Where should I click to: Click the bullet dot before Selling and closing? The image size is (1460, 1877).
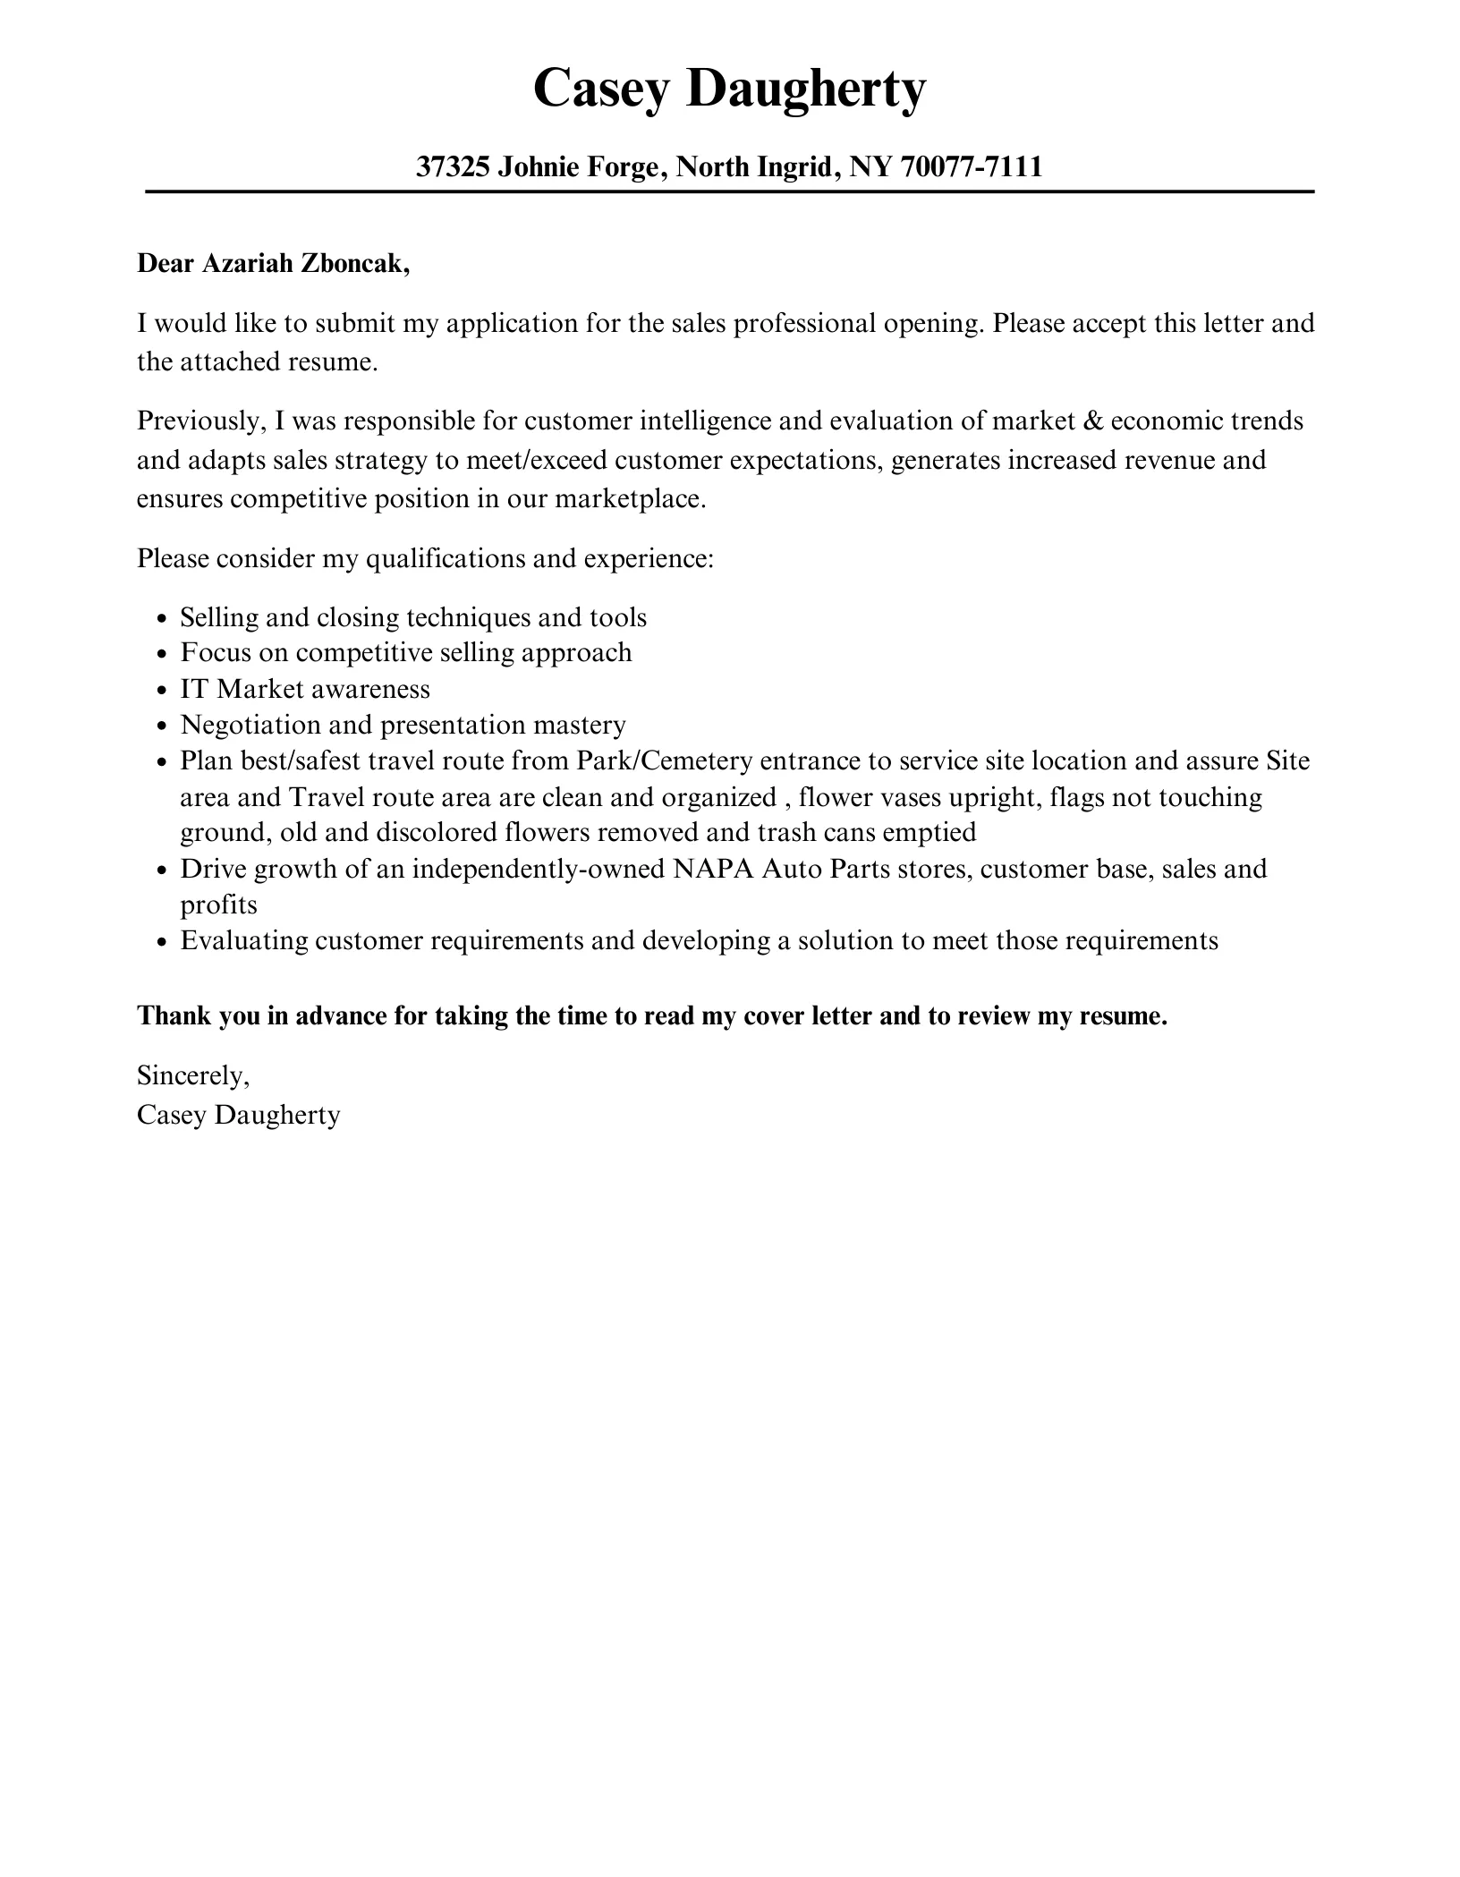[162, 619]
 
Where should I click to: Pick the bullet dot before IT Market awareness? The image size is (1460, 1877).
[162, 691]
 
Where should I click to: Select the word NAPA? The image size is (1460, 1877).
[712, 869]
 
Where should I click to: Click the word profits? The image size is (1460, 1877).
[218, 905]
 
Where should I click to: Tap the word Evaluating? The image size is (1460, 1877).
[243, 941]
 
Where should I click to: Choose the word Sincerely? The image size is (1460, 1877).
[192, 1076]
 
